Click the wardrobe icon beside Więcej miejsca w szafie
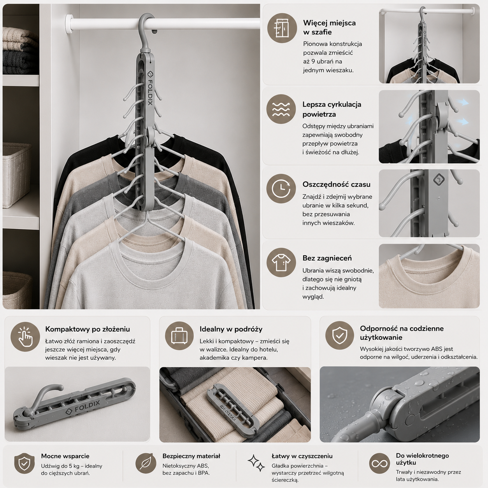point(282,28)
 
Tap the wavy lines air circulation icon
point(281,109)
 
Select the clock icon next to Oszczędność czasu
point(281,188)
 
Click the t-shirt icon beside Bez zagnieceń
point(281,262)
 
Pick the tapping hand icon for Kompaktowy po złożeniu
point(25,337)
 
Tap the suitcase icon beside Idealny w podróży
point(179,336)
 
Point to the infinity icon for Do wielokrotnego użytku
point(379,463)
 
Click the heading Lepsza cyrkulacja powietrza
point(332,109)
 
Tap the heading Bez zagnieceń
point(327,258)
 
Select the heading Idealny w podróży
point(231,329)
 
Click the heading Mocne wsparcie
point(65,456)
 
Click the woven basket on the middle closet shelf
point(17,175)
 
